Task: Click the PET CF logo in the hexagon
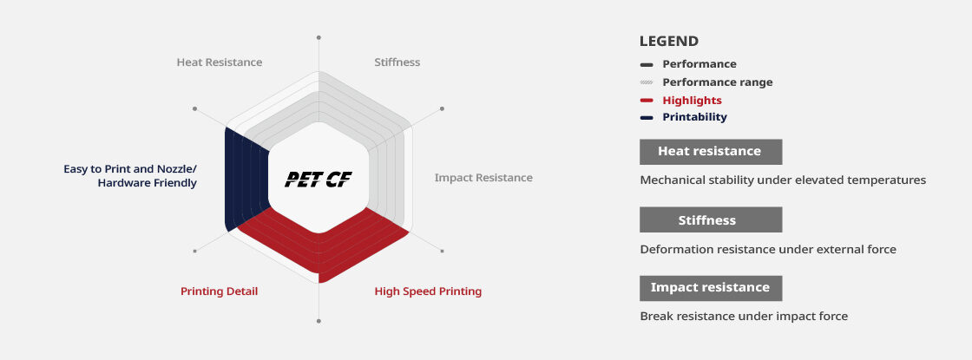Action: [318, 180]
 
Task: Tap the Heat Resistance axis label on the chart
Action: [220, 62]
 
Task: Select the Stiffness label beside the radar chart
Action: [397, 62]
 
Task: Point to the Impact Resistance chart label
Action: [483, 178]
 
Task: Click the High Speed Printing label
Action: [428, 291]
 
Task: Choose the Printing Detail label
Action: [219, 291]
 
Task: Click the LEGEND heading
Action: [669, 42]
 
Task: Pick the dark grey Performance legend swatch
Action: [647, 64]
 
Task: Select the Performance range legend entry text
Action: [717, 82]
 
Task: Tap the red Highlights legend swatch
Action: [647, 101]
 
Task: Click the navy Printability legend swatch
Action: [647, 118]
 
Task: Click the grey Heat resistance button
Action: [711, 152]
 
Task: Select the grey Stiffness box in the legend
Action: [711, 220]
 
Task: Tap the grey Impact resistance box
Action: [711, 288]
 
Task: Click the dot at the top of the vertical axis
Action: [319, 37]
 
